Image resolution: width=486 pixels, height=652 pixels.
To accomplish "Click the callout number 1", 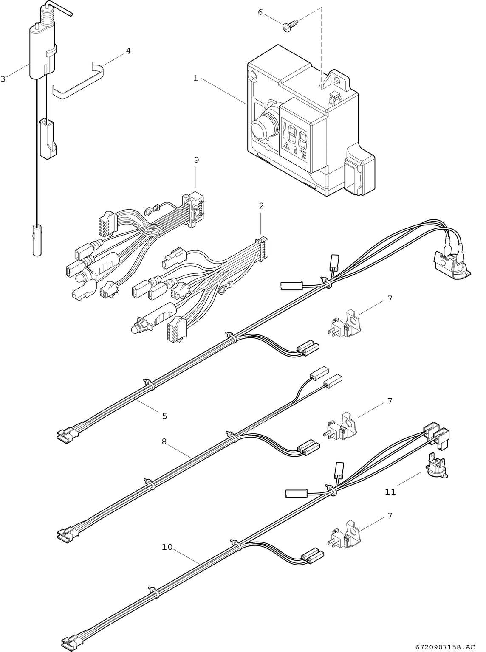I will (x=195, y=79).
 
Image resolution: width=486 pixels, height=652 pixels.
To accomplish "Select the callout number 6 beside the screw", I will (x=260, y=12).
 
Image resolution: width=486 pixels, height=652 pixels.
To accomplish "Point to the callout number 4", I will (x=128, y=51).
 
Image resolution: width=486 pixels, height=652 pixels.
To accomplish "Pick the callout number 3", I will (x=3, y=79).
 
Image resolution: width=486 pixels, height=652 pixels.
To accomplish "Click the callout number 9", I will (x=196, y=160).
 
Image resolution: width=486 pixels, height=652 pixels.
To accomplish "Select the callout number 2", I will (x=261, y=206).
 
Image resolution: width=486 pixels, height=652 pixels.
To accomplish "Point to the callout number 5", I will (x=165, y=416).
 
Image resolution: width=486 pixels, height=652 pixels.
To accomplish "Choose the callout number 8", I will (x=164, y=441).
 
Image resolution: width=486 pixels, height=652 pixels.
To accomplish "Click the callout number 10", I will (x=167, y=547).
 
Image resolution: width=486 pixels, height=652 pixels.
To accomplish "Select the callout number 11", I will (x=390, y=492).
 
